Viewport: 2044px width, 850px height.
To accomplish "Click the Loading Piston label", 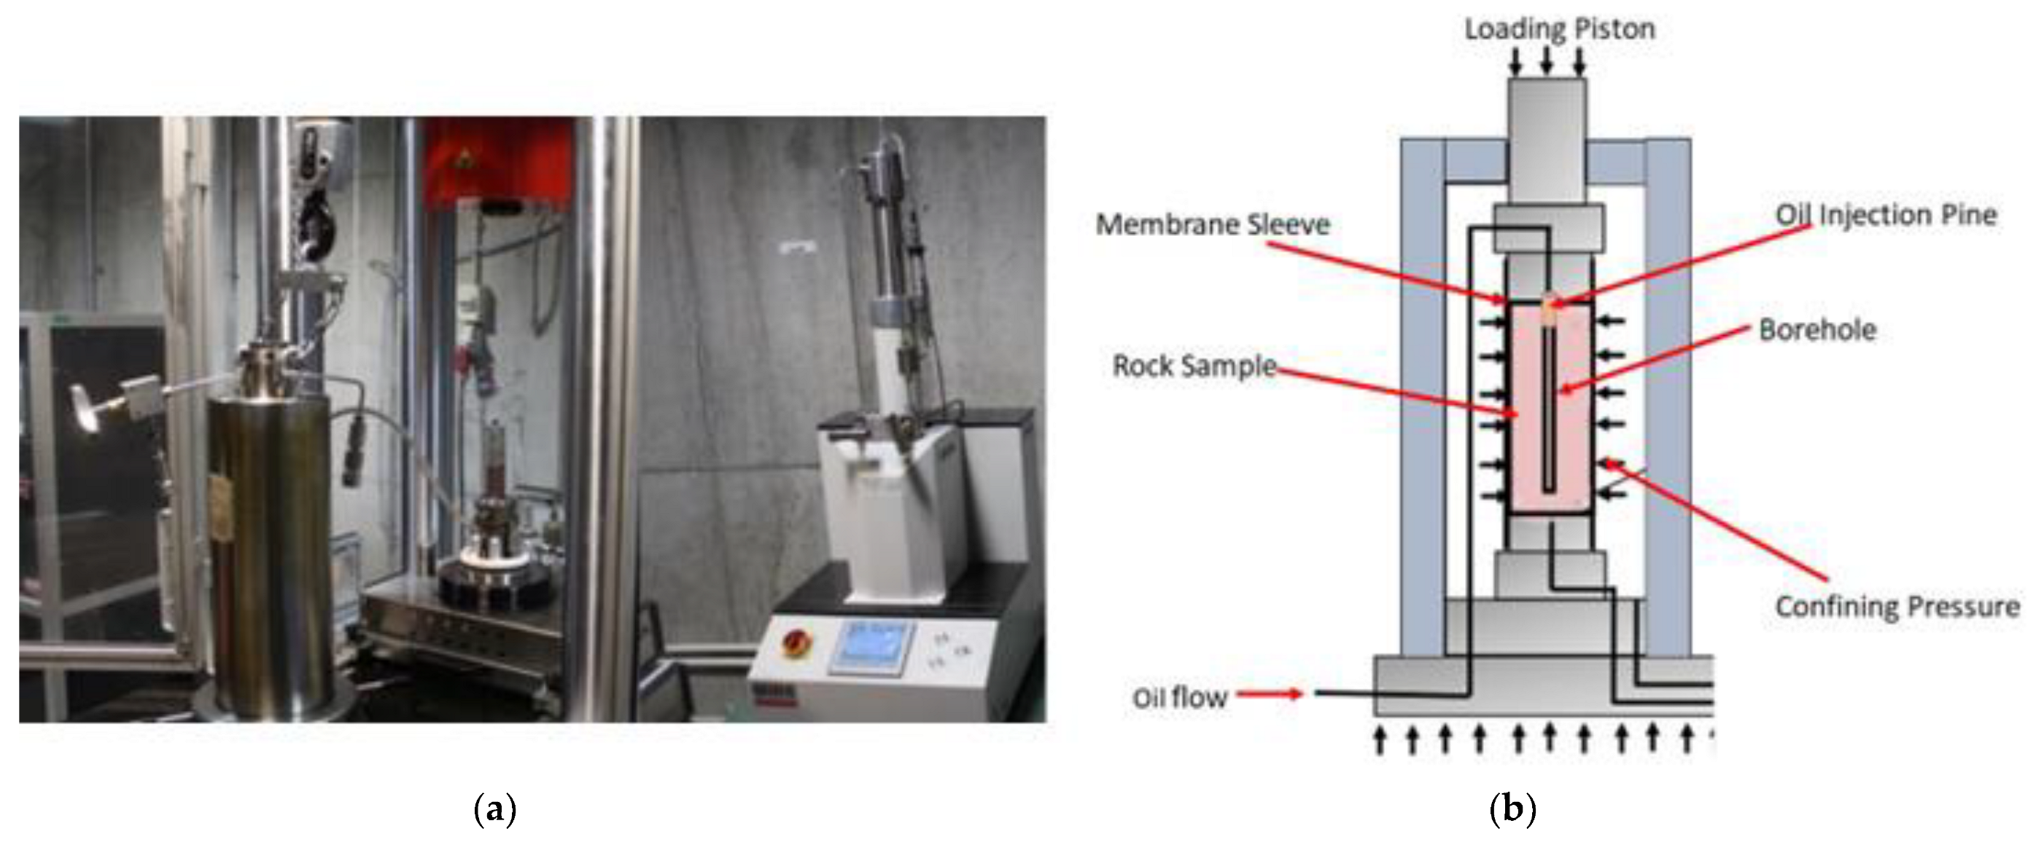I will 1559,29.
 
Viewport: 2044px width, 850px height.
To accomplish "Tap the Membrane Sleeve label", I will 1213,224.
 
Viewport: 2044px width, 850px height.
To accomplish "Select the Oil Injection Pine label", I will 1885,215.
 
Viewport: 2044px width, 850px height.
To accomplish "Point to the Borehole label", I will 1817,330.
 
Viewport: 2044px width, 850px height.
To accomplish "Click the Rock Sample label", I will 1194,366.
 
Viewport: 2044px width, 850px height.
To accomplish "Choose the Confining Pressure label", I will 1897,607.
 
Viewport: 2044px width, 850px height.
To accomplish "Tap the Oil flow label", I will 1179,698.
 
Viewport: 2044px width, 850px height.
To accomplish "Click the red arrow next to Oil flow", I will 1270,696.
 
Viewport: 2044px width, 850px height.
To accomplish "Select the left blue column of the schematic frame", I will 1423,396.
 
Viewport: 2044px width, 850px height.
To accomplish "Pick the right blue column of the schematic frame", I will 1668,396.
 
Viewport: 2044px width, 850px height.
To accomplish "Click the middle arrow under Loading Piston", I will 1547,60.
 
